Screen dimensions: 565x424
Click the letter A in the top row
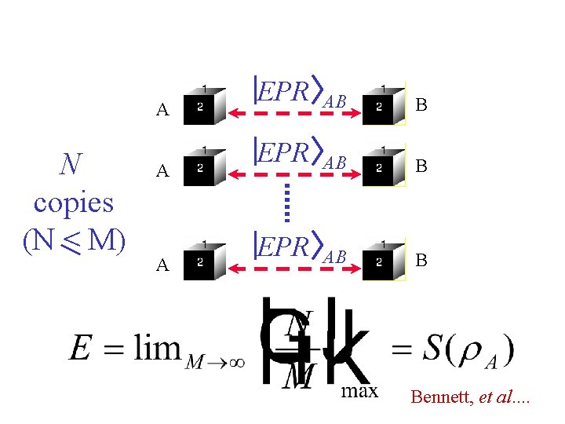coord(162,109)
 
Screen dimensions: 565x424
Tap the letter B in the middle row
coord(421,166)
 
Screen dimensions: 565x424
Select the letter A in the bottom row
coord(162,265)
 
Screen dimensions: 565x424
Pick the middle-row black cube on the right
coord(382,167)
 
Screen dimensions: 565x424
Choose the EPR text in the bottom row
coord(285,246)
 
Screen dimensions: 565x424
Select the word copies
coord(74,202)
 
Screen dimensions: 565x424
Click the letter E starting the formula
coord(81,346)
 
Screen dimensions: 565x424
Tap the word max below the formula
coord(359,390)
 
